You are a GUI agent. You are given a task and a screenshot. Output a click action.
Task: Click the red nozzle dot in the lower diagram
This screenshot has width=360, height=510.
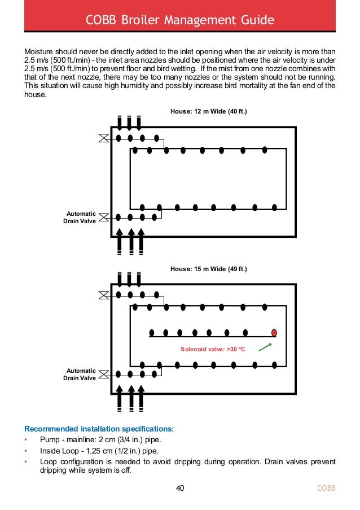(x=274, y=333)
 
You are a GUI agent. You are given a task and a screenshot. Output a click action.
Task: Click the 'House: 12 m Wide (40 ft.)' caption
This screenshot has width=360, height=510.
(x=209, y=112)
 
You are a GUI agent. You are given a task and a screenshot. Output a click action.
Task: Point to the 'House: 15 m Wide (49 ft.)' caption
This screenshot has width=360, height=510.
(x=209, y=269)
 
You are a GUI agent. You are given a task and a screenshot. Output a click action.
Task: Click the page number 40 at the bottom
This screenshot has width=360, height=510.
(x=180, y=488)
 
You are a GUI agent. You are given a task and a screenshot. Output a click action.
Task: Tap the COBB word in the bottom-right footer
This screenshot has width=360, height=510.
(x=326, y=488)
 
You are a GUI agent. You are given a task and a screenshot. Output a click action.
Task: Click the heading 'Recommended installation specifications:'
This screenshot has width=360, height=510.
(x=99, y=429)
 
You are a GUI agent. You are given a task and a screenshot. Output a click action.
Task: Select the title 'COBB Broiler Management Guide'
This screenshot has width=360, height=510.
(x=180, y=21)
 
